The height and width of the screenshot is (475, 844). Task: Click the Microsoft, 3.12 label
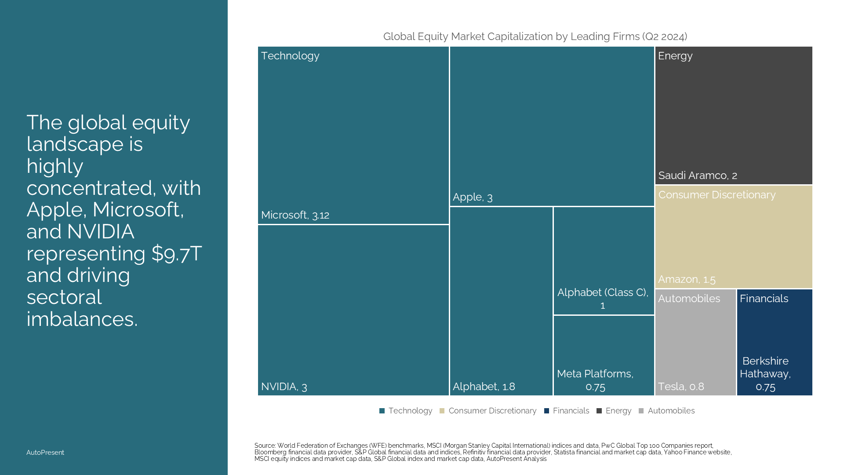coord(295,215)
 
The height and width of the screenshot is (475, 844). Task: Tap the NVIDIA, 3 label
coord(284,387)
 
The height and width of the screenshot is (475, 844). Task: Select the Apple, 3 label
coord(473,197)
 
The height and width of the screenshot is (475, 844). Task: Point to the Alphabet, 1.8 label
coord(484,387)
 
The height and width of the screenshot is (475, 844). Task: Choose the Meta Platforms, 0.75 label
coord(595,380)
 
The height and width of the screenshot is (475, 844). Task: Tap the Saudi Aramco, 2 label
coord(698,175)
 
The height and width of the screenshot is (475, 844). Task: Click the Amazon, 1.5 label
coord(687,279)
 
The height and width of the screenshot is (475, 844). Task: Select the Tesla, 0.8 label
coord(681,387)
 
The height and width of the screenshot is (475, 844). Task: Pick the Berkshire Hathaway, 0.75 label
coord(765,374)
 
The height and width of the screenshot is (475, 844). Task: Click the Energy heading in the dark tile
coord(675,56)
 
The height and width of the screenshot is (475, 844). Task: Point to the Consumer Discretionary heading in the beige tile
coord(717,195)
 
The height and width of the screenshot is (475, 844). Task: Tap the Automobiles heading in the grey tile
coord(689,299)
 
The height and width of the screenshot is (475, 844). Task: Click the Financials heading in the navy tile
coord(764,299)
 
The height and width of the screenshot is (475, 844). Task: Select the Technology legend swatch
coord(382,411)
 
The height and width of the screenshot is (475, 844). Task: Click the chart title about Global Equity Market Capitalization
coord(535,37)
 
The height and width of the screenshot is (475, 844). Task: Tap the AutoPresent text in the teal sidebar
coord(45,453)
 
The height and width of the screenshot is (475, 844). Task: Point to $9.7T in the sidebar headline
coord(177,254)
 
